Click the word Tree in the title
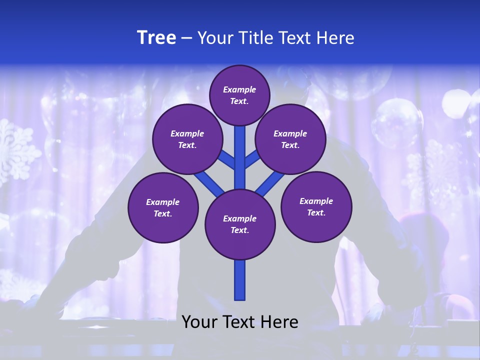156,38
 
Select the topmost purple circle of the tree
239,95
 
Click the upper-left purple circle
187,139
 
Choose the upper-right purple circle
290,139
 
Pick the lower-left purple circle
163,207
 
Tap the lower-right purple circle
316,206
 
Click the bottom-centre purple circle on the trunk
240,224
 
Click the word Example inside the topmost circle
239,89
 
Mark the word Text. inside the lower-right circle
316,212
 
